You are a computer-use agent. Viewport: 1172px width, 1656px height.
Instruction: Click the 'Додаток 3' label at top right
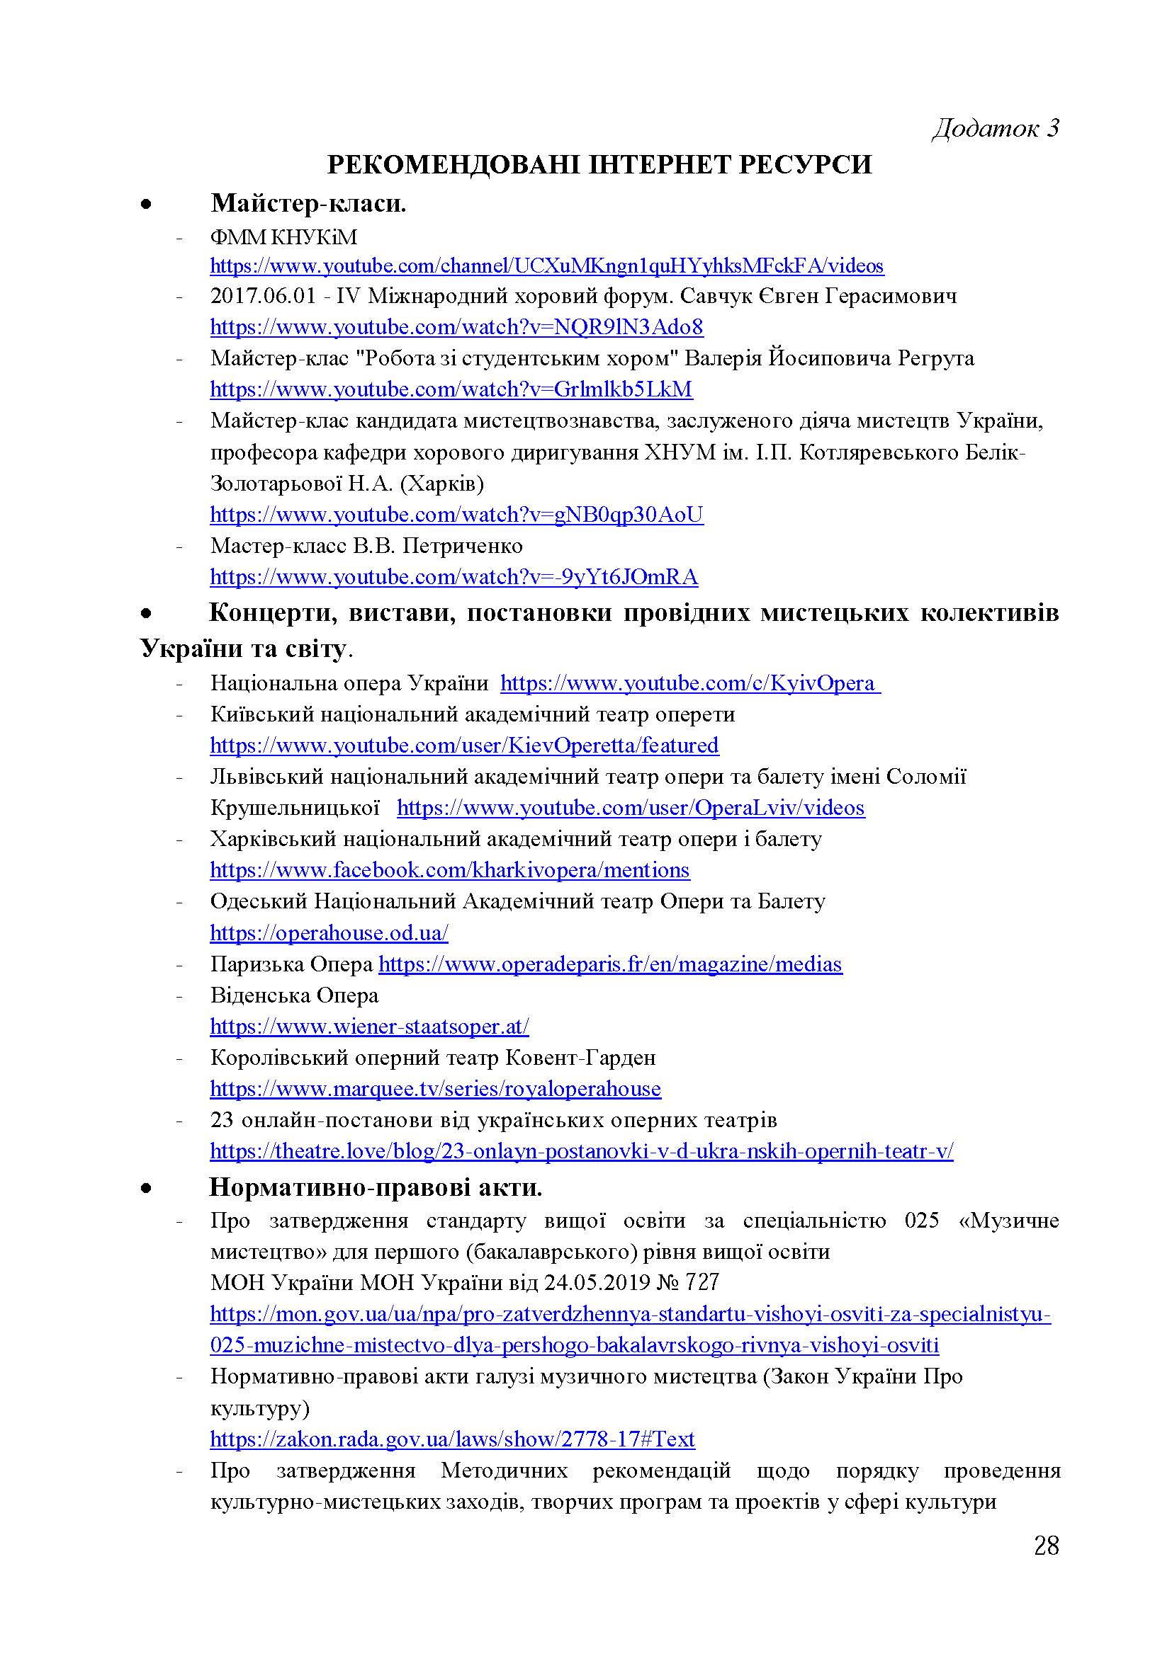(x=995, y=128)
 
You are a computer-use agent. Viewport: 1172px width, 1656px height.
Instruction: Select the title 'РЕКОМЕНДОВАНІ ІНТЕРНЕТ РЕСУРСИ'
(x=599, y=165)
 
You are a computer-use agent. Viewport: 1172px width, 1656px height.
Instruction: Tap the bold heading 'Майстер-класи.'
(x=308, y=204)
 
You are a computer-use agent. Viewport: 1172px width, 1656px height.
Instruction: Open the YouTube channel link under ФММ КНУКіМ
(x=546, y=266)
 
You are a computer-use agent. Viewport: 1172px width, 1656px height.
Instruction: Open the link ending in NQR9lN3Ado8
(x=456, y=328)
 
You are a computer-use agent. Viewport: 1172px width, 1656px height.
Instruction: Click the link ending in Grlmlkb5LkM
(x=451, y=389)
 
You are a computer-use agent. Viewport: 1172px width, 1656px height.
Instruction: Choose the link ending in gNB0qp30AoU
(x=456, y=515)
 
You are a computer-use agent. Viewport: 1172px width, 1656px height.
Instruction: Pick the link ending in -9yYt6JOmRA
(x=454, y=577)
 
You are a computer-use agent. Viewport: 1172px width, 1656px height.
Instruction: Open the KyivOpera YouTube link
(x=689, y=683)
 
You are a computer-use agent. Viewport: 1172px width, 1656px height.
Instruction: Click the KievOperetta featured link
(x=464, y=745)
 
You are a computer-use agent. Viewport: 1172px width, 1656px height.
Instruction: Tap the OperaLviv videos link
(x=630, y=808)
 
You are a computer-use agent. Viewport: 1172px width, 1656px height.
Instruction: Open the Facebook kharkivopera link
(x=450, y=871)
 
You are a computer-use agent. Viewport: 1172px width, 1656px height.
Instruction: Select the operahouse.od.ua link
(x=329, y=933)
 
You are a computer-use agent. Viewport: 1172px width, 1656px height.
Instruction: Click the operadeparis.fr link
(x=610, y=964)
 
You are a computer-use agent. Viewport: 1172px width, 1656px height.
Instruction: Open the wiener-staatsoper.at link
(x=369, y=1027)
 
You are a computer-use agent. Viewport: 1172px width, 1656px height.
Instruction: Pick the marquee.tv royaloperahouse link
(x=435, y=1088)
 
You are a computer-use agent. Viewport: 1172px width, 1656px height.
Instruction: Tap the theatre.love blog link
(x=581, y=1151)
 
